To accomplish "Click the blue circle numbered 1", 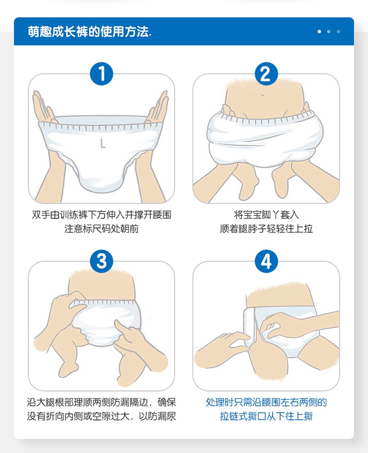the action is (102, 74).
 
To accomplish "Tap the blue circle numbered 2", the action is (266, 74).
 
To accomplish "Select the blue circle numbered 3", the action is (102, 261).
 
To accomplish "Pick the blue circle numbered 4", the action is (266, 261).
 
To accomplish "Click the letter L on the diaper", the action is (103, 143).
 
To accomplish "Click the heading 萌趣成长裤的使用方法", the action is (89, 31).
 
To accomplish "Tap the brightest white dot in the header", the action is (319, 31).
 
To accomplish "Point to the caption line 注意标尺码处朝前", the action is (102, 228).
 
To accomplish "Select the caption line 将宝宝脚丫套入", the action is (266, 214).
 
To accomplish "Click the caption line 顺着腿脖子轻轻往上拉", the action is (266, 228).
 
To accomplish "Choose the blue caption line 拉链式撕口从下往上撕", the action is (266, 416).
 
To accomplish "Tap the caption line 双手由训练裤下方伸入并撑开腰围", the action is (102, 214).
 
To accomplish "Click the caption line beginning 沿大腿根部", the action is (102, 402).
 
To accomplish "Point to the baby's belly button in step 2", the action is (263, 94).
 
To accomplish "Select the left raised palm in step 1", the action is (44, 108).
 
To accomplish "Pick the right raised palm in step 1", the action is (158, 108).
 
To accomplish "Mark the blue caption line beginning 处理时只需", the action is (266, 402).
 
